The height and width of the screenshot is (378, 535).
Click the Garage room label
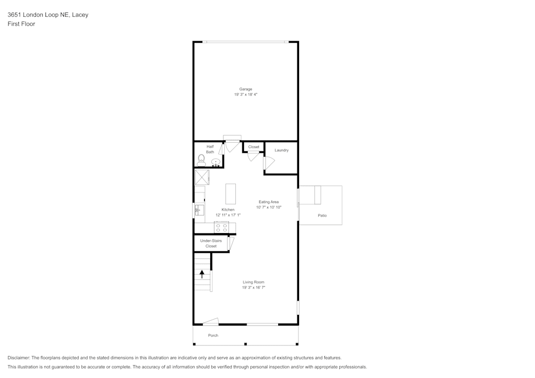246,89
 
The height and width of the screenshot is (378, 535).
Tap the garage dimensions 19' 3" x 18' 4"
246,95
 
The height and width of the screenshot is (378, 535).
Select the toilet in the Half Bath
201,160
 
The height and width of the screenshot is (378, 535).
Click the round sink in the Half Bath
216,162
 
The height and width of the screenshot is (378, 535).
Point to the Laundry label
281,150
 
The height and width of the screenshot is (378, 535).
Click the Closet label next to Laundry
254,147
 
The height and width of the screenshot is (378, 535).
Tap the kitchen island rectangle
231,194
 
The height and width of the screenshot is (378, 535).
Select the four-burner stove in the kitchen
221,227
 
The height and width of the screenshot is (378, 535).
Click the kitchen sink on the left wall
199,210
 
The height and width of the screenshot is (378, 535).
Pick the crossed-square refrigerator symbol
202,178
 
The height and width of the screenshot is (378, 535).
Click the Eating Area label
269,202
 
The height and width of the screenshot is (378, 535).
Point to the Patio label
322,215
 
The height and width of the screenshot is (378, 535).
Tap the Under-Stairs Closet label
211,243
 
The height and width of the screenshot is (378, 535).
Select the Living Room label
254,282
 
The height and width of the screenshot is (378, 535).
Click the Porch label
213,335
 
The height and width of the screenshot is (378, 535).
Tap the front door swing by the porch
210,321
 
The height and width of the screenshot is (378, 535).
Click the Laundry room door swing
269,163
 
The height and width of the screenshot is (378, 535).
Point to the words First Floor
21,24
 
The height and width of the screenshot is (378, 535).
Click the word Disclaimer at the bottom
19,358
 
